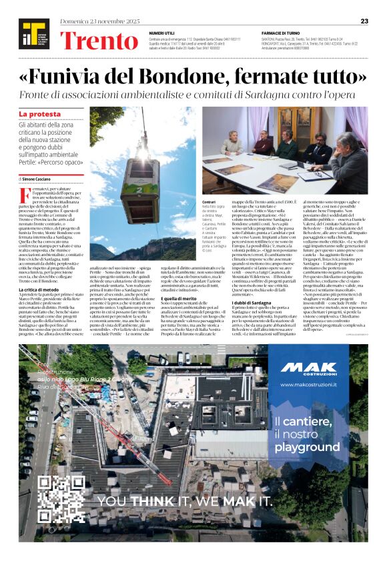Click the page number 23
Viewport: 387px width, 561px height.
pyautogui.click(x=364, y=21)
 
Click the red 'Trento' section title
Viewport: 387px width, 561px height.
pyautogui.click(x=98, y=41)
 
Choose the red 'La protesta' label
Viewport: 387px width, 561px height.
pyautogui.click(x=40, y=115)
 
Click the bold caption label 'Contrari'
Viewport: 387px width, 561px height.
pyautogui.click(x=210, y=200)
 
